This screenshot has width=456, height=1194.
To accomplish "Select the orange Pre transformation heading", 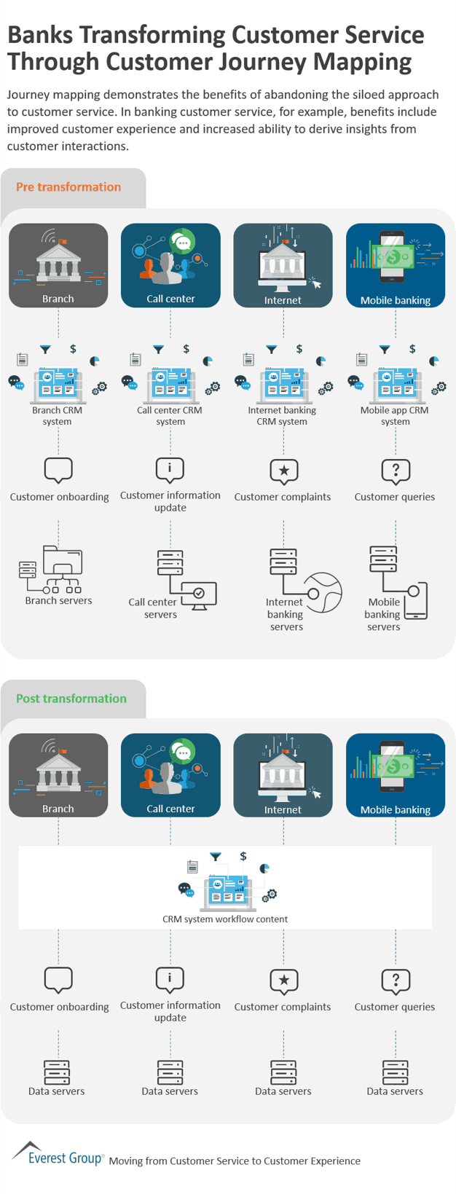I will click(68, 187).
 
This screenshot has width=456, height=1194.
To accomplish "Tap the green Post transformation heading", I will click(71, 699).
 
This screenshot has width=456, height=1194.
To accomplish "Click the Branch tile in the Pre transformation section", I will click(58, 265).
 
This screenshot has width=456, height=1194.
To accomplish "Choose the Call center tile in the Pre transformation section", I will click(170, 265).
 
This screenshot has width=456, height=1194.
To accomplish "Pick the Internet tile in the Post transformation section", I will click(283, 775).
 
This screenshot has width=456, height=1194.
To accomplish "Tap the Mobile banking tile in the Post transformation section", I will click(396, 775).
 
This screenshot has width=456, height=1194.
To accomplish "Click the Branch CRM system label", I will click(57, 416).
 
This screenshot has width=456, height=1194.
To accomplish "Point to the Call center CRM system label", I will click(170, 416).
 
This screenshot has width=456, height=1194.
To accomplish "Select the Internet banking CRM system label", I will click(282, 416).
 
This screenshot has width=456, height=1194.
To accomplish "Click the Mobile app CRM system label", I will click(395, 416).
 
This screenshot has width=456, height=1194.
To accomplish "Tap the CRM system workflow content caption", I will click(225, 919).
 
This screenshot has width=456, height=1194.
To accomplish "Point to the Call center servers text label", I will click(153, 608).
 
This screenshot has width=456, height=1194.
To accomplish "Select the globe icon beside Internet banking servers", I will click(323, 592).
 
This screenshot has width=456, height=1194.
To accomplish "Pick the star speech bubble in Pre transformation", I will click(283, 471).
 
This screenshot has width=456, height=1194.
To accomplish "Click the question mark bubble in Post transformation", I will click(396, 981).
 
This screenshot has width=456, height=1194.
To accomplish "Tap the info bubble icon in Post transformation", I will click(170, 979).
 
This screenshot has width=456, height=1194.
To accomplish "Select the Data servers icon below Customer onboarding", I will click(57, 1072).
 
